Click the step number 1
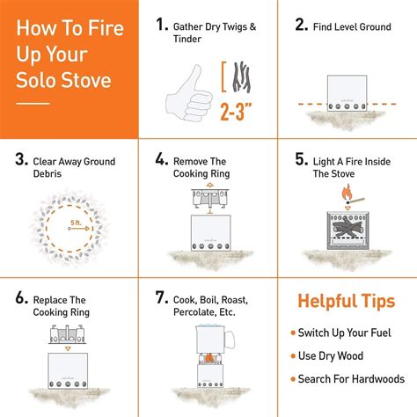pos(163,26)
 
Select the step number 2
pos(301,26)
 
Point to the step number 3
pos(20,161)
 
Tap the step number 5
pos(301,161)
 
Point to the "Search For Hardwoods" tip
pos(350,378)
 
